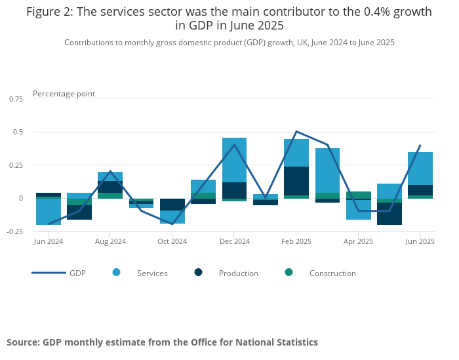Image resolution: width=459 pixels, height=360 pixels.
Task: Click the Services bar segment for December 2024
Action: point(234,160)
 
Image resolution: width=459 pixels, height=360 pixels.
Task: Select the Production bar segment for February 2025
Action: point(296,181)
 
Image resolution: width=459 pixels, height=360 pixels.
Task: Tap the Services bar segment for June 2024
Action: point(49,211)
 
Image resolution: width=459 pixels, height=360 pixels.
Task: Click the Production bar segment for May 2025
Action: point(389,214)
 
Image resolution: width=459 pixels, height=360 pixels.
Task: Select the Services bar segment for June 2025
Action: point(420,169)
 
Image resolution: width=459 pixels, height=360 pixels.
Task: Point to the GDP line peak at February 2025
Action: point(296,132)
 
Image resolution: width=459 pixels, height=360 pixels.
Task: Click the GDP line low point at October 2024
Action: point(172,224)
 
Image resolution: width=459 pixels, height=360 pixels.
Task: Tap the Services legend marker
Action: point(117,272)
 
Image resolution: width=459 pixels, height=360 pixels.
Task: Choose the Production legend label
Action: point(239,273)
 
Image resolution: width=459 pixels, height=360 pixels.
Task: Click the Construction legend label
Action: point(332,273)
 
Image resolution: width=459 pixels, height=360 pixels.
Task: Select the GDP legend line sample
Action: point(49,273)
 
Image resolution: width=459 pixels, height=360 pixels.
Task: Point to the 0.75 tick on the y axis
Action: point(16,98)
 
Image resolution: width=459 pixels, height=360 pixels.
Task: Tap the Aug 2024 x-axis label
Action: point(110,241)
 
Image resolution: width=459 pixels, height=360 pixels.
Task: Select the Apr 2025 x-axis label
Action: point(359,241)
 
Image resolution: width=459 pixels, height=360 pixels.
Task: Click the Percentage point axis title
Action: point(64,94)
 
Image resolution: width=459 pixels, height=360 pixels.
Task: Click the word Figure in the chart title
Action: point(47,12)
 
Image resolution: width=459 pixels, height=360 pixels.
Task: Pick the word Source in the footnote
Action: point(23,342)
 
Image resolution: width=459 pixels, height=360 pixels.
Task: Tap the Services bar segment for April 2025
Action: point(359,210)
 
